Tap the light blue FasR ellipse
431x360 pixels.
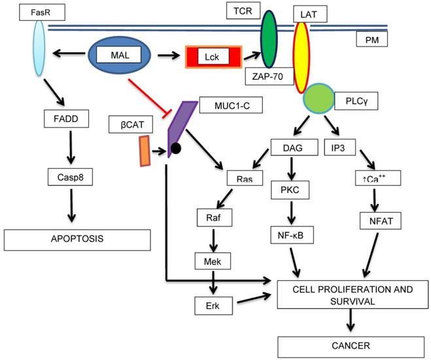click(39, 50)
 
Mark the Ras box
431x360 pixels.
click(240, 178)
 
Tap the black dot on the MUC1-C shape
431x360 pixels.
click(176, 149)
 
